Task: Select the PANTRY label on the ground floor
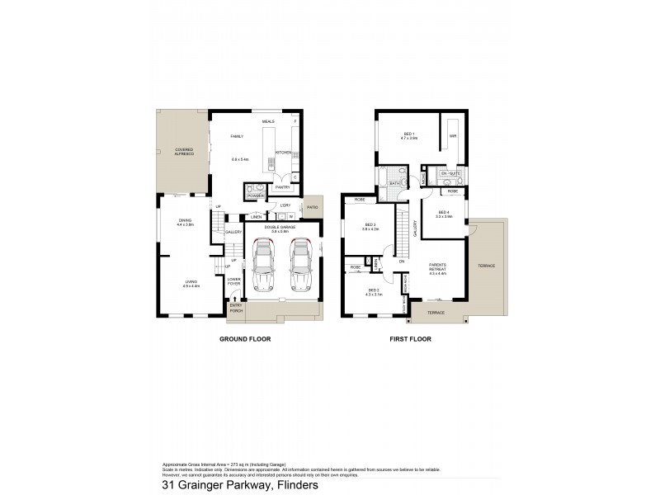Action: click(x=273, y=187)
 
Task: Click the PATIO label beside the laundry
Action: click(x=312, y=206)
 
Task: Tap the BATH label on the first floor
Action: click(x=394, y=183)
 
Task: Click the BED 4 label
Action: click(x=444, y=212)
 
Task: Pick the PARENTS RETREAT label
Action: click(x=437, y=269)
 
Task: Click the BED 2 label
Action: click(x=374, y=290)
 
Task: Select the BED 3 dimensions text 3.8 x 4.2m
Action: click(x=369, y=229)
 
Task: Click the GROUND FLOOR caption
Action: click(x=244, y=339)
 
